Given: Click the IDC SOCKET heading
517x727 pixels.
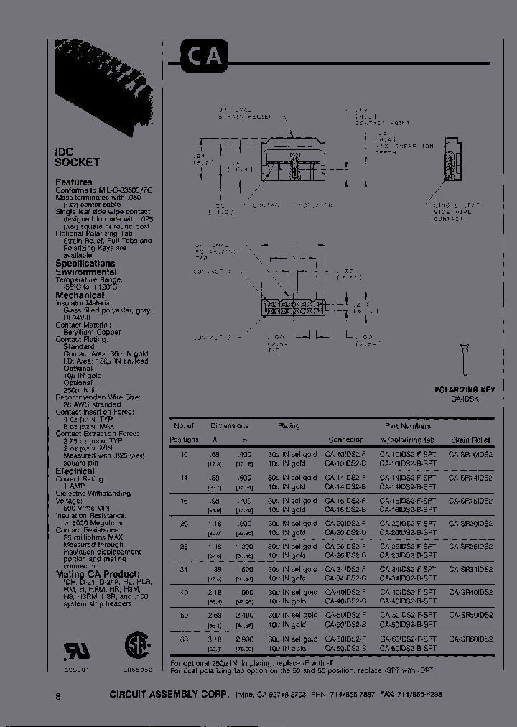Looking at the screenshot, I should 78,157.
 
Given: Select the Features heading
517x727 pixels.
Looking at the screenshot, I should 74,182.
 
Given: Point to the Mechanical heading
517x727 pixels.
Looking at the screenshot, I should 80,295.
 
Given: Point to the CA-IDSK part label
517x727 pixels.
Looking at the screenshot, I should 465,398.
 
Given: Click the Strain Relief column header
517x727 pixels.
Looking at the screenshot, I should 470,439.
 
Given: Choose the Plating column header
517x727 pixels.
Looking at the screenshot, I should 289,426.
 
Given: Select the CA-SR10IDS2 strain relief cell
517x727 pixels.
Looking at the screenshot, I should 470,454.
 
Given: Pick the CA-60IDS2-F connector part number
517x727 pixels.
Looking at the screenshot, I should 345,639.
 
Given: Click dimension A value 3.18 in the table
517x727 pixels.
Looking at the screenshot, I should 215,639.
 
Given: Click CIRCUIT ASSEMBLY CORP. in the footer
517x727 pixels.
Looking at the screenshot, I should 169,696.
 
